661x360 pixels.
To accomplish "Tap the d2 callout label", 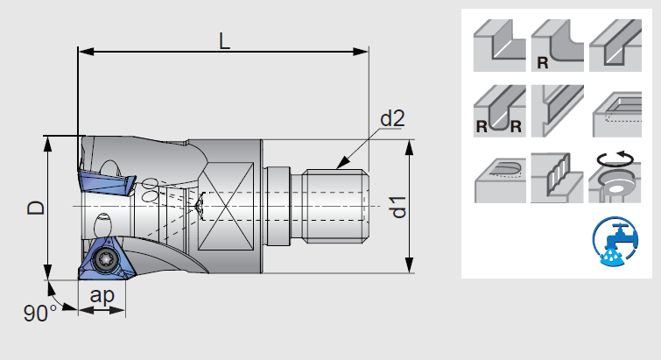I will coord(392,118).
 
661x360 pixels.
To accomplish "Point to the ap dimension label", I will coord(103,295).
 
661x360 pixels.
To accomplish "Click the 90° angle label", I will coord(39,313).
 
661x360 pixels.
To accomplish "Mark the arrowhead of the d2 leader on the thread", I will coord(340,166).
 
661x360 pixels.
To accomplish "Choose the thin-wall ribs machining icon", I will coord(555,175).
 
